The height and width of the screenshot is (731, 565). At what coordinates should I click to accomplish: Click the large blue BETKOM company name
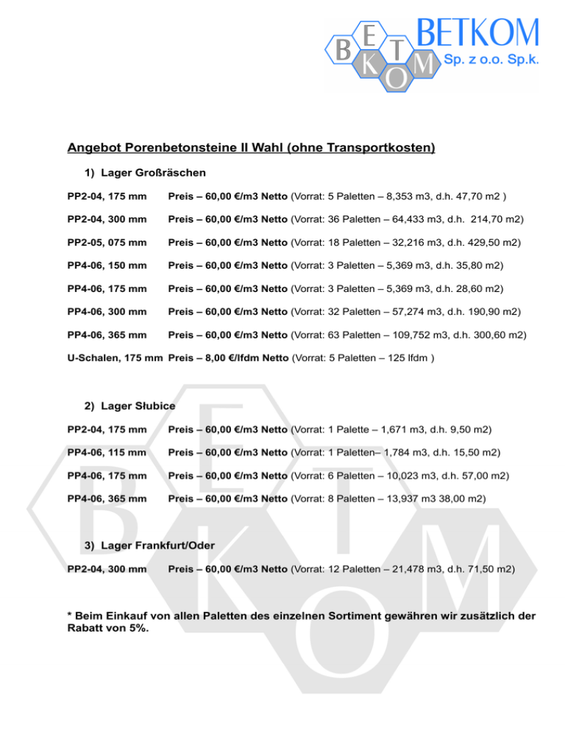tap(477, 33)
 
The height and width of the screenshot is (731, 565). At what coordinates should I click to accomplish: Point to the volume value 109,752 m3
tap(418, 335)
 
